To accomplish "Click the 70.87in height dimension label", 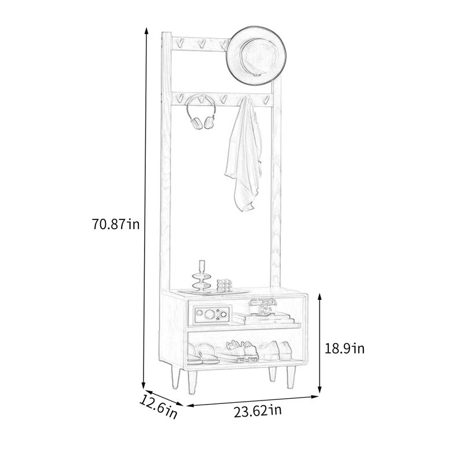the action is (x=115, y=224).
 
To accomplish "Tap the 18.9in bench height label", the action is (x=344, y=348).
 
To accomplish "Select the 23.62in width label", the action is (x=258, y=411).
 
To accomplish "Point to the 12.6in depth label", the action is (x=158, y=407).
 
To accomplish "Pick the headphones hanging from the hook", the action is (x=200, y=112).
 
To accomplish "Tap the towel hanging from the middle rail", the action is (x=244, y=153).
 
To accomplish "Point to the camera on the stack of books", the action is (x=263, y=307).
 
